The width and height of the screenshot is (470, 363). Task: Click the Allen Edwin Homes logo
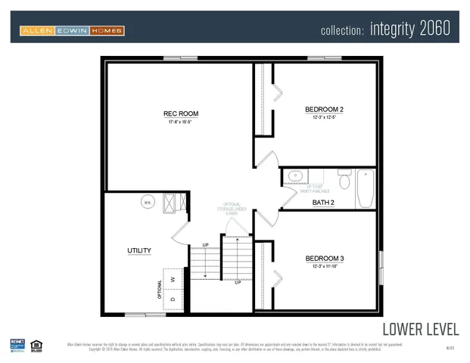[72, 30]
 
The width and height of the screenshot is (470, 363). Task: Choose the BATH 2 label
[323, 203]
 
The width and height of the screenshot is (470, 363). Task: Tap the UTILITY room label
[139, 250]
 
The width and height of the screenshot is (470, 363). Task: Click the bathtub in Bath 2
[365, 188]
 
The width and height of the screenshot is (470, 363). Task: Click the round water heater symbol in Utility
[148, 203]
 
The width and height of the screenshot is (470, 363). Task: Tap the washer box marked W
[173, 278]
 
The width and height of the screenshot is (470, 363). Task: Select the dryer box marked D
[173, 300]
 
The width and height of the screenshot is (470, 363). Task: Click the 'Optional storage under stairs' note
[232, 209]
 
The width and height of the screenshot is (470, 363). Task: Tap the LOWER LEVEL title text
[420, 329]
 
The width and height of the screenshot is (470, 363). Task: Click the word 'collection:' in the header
[343, 30]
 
